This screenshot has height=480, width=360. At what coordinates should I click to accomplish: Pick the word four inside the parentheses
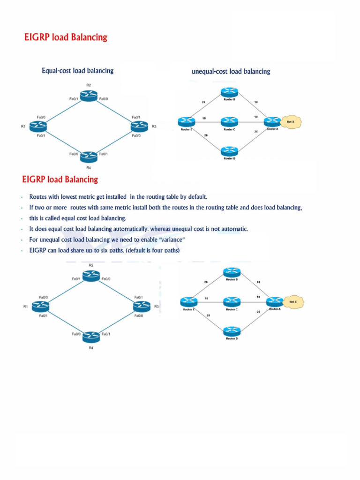click(x=153, y=251)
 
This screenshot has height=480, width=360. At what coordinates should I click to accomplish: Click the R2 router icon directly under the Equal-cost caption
click(x=89, y=95)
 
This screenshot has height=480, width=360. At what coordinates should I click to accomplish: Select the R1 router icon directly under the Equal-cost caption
click(x=37, y=126)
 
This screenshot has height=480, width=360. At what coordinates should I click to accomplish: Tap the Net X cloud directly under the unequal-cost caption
click(x=291, y=122)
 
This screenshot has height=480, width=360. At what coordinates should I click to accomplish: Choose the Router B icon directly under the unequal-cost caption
click(x=229, y=93)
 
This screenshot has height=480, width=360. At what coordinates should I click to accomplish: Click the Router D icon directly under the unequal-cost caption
click(x=229, y=151)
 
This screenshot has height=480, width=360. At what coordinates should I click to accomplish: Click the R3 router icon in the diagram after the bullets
click(x=141, y=306)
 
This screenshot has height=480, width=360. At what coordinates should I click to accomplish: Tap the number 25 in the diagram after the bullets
click(x=258, y=311)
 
